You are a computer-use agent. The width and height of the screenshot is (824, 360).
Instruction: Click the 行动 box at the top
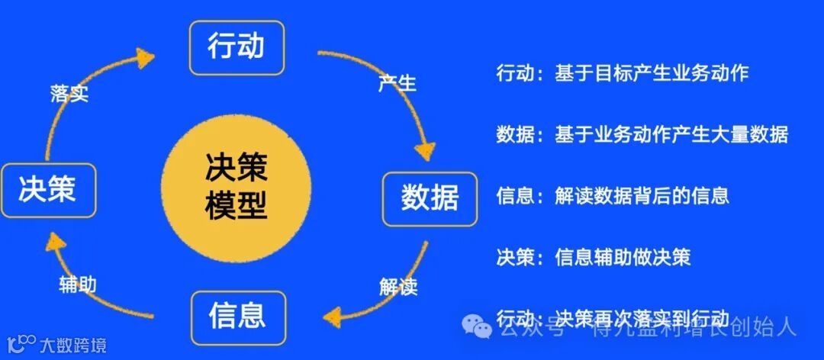pyautogui.click(x=236, y=47)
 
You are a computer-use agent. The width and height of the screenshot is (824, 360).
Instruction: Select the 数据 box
pyautogui.click(x=430, y=198)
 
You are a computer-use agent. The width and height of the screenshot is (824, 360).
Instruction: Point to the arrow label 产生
pyautogui.click(x=397, y=82)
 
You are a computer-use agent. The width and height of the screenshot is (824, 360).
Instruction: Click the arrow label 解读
pyautogui.click(x=398, y=287)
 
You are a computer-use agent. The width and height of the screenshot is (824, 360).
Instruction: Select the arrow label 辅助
pyautogui.click(x=78, y=284)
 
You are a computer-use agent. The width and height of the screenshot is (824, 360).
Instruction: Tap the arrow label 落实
pyautogui.click(x=69, y=94)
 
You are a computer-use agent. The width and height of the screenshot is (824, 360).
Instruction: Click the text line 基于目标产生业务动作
pyautogui.click(x=652, y=72)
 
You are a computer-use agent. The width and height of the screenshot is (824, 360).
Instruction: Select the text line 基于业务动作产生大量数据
pyautogui.click(x=671, y=134)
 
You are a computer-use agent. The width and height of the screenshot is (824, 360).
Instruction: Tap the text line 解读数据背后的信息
pyautogui.click(x=642, y=195)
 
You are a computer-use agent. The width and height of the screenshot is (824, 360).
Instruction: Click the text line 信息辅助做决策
pyautogui.click(x=623, y=256)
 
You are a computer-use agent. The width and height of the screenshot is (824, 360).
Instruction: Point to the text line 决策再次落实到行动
pyautogui.click(x=642, y=317)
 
